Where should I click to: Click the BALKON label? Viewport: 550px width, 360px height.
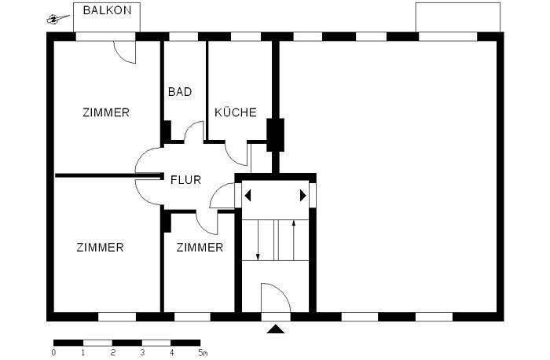tap(107, 12)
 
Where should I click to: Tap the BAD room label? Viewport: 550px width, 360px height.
tap(180, 92)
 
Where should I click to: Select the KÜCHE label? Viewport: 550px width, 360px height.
tap(236, 112)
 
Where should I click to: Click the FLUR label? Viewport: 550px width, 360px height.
tap(185, 180)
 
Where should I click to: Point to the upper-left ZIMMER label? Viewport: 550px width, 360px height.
tap(106, 112)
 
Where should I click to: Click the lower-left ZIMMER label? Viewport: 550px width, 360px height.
tap(101, 248)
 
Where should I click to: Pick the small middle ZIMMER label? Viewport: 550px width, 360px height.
tap(200, 248)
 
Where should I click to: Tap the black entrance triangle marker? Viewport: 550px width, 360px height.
tap(275, 329)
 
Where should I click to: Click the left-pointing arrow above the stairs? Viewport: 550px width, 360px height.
tap(247, 196)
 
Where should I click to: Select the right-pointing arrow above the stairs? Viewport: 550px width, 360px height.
tap(303, 196)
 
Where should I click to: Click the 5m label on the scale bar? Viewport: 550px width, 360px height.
tap(202, 353)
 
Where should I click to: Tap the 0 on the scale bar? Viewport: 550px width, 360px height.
tap(53, 353)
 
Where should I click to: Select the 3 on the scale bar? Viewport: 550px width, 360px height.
tap(142, 353)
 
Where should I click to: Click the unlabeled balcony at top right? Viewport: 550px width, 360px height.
tap(457, 17)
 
